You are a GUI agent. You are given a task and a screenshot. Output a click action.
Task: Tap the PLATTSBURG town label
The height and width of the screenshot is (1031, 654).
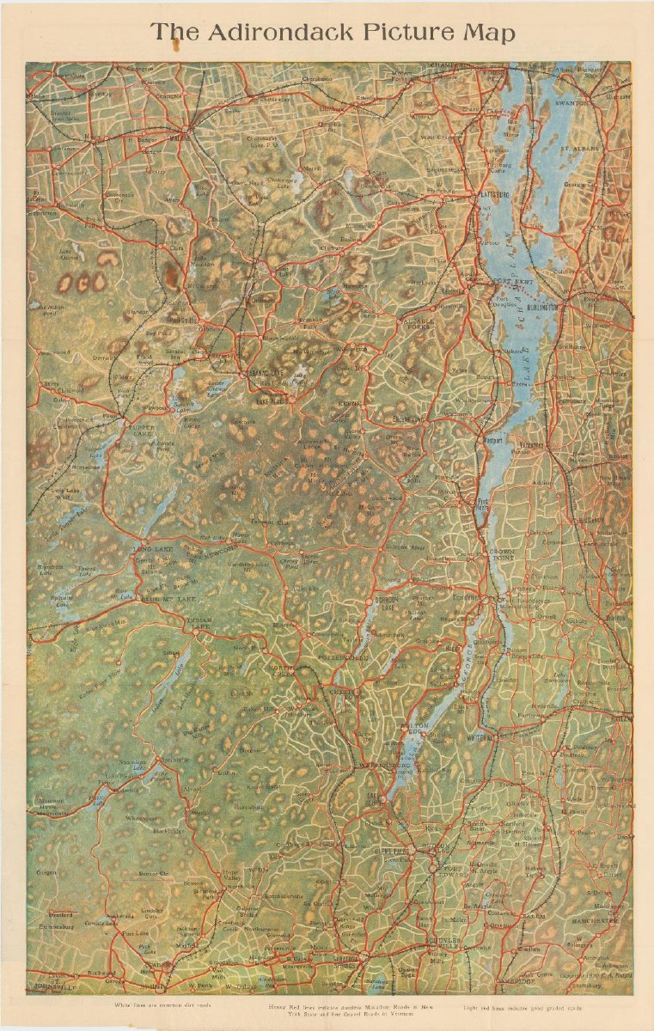coord(492,196)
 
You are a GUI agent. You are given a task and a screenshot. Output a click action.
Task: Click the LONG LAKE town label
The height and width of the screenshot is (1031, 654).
coord(153,548)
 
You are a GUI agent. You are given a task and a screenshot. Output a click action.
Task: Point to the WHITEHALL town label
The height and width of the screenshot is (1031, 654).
coord(481,737)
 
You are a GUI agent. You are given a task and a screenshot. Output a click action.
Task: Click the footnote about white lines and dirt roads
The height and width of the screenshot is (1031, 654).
coord(162,1004)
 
